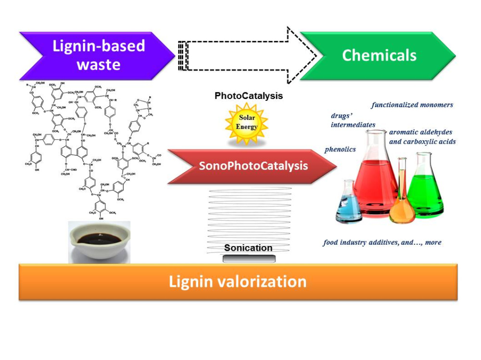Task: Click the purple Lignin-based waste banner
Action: (x=96, y=55)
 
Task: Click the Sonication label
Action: (x=248, y=248)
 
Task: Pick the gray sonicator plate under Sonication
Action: (x=249, y=259)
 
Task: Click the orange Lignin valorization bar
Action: (x=238, y=282)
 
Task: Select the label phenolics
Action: (x=340, y=149)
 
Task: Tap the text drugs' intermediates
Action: (x=353, y=120)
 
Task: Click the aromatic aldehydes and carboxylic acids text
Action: (x=422, y=137)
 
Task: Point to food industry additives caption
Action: (x=382, y=242)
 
